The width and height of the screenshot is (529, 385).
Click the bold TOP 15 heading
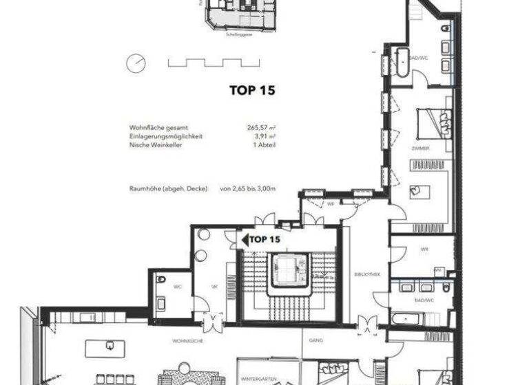251,89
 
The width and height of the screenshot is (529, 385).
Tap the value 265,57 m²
258,128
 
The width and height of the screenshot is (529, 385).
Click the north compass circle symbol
136,63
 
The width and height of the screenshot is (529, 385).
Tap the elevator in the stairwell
290,269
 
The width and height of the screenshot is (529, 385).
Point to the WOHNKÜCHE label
187,341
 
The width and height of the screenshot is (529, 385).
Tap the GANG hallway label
316,340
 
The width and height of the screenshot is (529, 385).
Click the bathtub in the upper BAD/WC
400,63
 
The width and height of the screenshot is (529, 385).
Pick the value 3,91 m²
262,137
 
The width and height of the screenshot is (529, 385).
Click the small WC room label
177,286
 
